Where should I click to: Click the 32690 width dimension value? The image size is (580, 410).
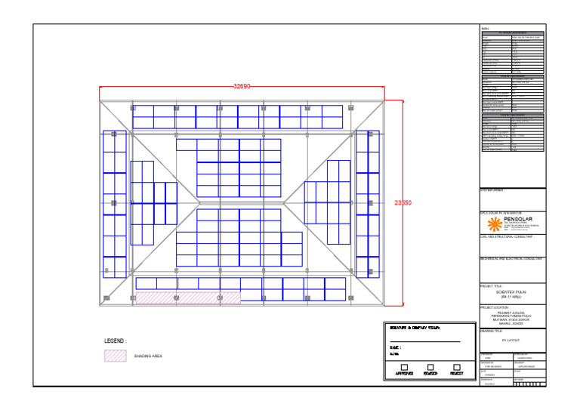pyautogui.click(x=242, y=87)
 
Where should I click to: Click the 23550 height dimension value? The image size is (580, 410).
pyautogui.click(x=403, y=202)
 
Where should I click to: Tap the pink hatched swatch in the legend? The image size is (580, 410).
pyautogui.click(x=115, y=356)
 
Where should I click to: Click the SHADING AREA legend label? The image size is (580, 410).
pyautogui.click(x=148, y=356)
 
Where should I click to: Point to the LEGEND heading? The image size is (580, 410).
pyautogui.click(x=116, y=341)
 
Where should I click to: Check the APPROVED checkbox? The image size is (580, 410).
pyautogui.click(x=404, y=367)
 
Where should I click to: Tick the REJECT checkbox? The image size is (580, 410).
pyautogui.click(x=457, y=367)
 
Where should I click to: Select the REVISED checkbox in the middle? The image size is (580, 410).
pyautogui.click(x=430, y=367)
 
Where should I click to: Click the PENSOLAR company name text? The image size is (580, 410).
pyautogui.click(x=523, y=217)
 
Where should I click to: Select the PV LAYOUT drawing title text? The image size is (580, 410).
pyautogui.click(x=511, y=341)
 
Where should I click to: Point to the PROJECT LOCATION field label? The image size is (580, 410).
pyautogui.click(x=495, y=308)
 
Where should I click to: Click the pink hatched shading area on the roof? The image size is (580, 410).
pyautogui.click(x=187, y=298)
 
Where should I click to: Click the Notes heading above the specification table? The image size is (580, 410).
pyautogui.click(x=485, y=29)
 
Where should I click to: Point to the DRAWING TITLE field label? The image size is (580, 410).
pyautogui.click(x=492, y=331)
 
